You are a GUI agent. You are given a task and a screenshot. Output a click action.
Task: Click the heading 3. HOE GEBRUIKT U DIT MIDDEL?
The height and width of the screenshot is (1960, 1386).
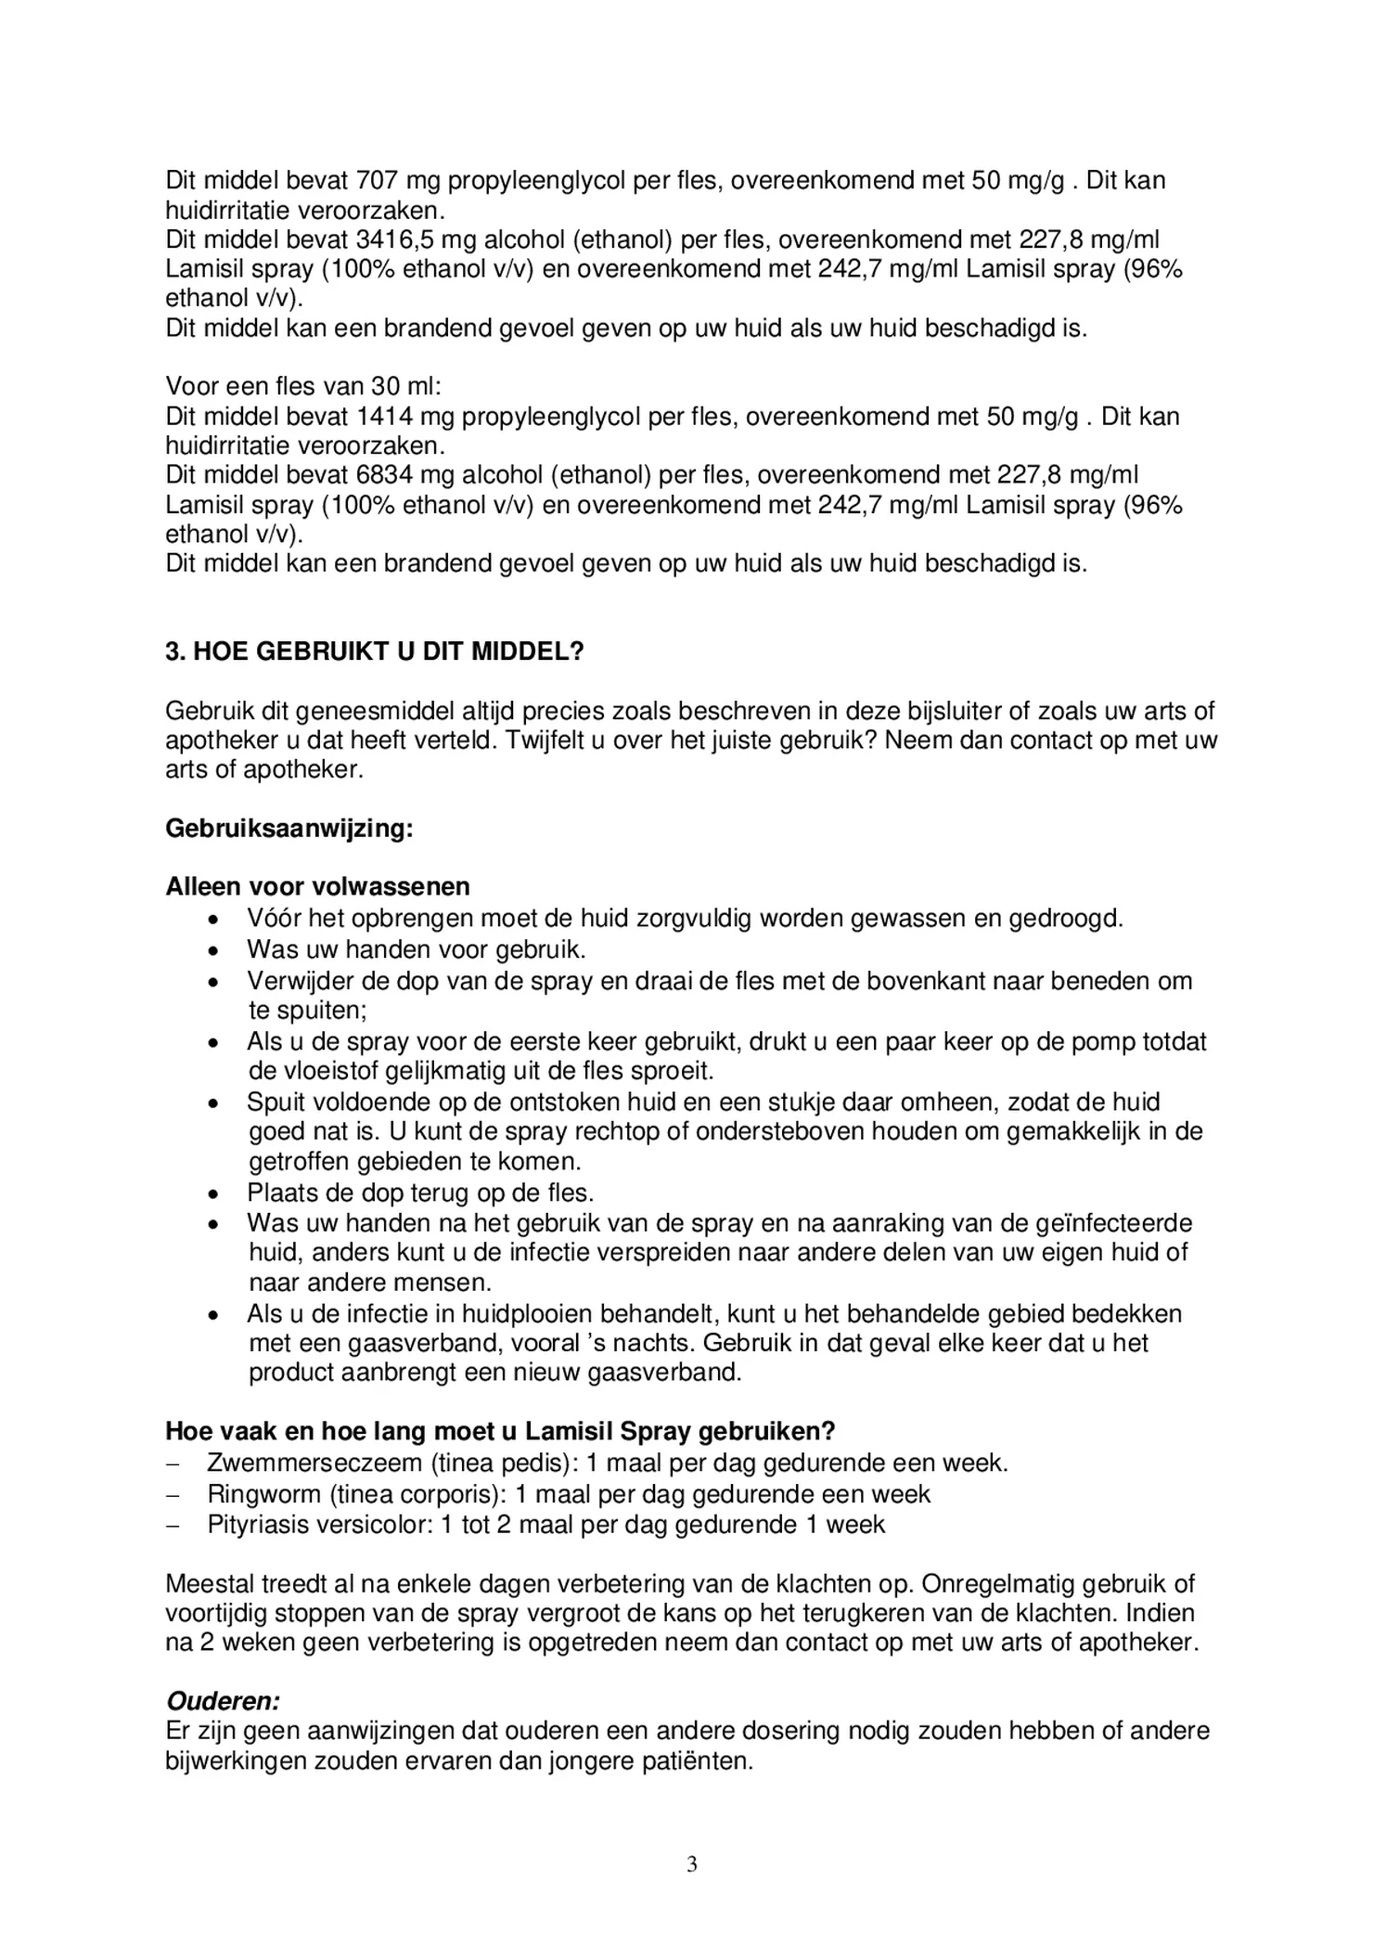click(x=375, y=651)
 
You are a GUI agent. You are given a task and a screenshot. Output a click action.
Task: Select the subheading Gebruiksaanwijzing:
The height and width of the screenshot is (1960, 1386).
click(x=289, y=828)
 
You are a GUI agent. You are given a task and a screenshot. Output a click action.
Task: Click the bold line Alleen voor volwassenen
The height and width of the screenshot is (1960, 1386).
click(x=317, y=887)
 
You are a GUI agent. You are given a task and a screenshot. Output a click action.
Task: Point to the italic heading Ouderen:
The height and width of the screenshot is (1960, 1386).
click(x=223, y=1701)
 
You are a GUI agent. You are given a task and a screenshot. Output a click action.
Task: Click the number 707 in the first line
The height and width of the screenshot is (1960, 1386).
click(x=377, y=180)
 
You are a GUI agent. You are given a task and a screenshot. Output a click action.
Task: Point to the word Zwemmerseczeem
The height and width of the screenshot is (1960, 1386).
click(x=314, y=1464)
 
